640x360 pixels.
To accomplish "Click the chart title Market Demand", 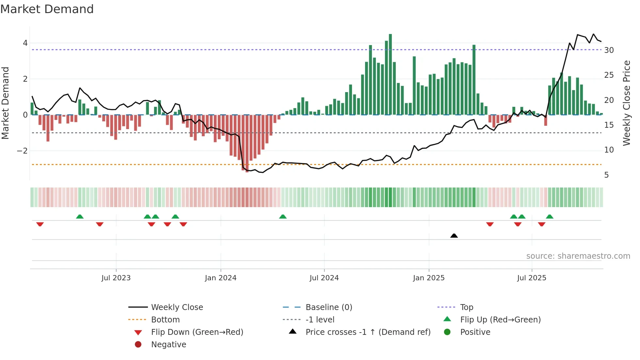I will point(47,9).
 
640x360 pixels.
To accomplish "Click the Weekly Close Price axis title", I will point(626,103).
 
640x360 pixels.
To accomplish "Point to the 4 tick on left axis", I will point(25,43).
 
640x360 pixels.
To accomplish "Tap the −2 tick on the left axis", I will point(22,151).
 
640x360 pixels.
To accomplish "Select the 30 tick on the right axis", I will point(609,50).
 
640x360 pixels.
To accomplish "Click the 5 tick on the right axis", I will point(606,175).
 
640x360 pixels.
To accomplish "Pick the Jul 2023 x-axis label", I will point(116,278).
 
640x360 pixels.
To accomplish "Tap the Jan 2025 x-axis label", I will point(428,278).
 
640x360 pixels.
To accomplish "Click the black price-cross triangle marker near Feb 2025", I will point(454,236).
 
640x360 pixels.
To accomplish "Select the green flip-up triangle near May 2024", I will point(283,217).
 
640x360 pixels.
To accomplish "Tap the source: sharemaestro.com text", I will point(578,256).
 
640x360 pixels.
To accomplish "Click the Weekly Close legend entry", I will point(177,307).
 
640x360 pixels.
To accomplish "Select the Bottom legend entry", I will point(165,320).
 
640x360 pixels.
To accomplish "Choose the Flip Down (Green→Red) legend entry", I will point(197,332).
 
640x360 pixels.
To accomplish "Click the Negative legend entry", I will point(168,345).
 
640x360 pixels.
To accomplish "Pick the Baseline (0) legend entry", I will point(328,307).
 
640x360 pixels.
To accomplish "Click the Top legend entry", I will point(466,307).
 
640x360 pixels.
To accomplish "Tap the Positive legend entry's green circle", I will point(447,332).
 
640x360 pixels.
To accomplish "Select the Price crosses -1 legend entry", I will point(368,332).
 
